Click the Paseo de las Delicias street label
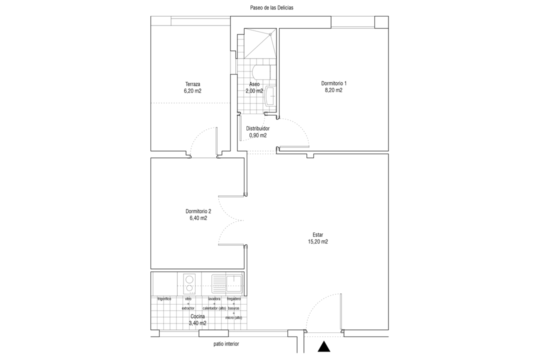271,7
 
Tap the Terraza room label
192,84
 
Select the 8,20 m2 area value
333,90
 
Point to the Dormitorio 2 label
198,211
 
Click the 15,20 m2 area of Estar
318,242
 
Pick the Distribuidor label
257,128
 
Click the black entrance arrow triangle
323,346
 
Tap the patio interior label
226,344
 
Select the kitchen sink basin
234,283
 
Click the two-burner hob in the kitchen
189,283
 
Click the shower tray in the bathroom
260,43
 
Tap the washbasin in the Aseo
271,96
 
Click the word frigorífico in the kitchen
164,298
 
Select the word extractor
188,308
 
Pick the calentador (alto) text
214,308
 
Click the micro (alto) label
233,317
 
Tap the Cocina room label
197,316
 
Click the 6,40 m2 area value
198,218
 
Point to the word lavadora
214,298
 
